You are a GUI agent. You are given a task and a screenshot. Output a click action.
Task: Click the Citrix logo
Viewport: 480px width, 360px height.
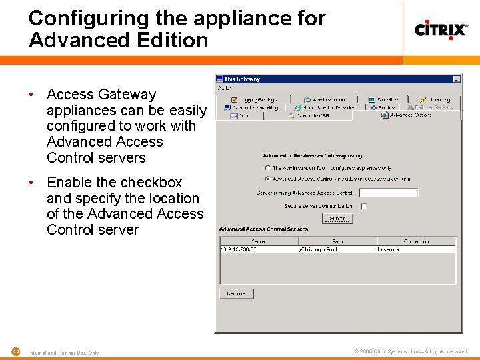(441, 29)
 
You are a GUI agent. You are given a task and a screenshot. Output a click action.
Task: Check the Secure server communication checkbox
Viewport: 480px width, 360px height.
(364, 206)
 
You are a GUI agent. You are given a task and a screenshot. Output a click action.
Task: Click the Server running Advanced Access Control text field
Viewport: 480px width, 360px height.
(393, 193)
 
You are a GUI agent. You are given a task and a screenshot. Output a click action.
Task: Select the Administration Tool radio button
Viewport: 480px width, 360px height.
(268, 168)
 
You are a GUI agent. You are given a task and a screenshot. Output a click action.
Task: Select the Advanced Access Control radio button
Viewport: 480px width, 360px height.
(268, 179)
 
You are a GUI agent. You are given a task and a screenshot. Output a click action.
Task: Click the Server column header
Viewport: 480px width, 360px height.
(259, 241)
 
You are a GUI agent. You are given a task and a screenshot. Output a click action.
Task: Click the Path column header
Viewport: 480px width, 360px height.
(337, 241)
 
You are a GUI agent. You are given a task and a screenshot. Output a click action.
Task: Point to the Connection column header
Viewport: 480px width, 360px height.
(416, 241)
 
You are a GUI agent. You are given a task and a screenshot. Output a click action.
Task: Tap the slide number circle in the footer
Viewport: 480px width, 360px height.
(15, 352)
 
